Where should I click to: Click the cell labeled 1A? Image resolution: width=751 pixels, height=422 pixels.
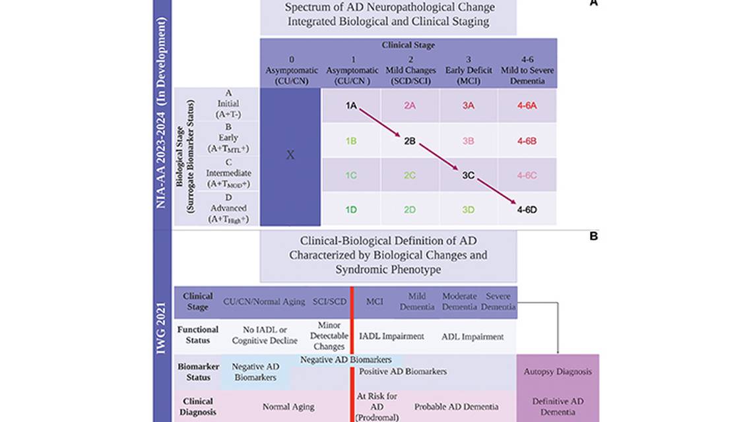[350, 105]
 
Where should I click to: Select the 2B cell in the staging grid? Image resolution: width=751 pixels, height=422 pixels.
[409, 140]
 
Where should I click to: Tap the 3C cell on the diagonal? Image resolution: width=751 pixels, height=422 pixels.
[469, 175]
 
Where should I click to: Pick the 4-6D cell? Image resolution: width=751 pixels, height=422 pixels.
[527, 210]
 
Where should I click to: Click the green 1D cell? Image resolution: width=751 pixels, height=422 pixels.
[350, 210]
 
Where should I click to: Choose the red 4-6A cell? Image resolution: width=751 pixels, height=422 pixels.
[527, 105]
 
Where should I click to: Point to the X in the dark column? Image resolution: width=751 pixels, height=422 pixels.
[290, 155]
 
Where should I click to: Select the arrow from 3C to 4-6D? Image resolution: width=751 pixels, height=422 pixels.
[497, 192]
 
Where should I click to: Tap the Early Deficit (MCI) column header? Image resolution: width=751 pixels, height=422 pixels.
[469, 70]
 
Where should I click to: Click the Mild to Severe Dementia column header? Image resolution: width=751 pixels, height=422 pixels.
[527, 70]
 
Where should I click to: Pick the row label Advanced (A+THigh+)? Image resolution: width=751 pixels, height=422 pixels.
[228, 209]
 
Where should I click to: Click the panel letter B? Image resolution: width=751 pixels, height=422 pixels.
[593, 235]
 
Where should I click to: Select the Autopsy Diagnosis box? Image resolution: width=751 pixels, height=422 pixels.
[558, 371]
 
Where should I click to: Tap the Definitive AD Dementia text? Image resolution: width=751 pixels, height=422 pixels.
[558, 406]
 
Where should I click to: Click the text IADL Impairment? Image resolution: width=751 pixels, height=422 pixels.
[391, 336]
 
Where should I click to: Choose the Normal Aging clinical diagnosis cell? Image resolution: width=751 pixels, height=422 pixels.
[288, 407]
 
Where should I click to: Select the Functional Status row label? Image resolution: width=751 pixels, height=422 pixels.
[197, 334]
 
